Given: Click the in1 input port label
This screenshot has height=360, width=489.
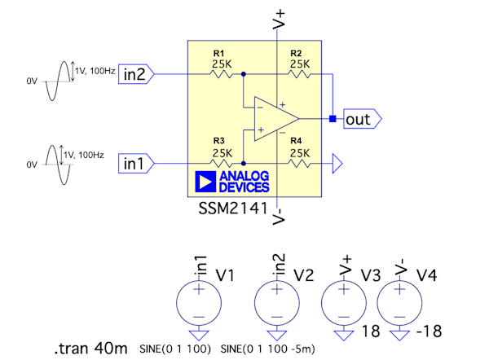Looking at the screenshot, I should (x=133, y=163).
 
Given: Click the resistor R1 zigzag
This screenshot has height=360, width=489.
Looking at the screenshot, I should (x=221, y=74).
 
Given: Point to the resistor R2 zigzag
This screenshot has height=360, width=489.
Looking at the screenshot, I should (x=299, y=74).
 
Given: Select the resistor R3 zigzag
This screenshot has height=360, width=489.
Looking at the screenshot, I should (x=221, y=163).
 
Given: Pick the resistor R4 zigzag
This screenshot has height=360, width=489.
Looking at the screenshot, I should (x=299, y=163).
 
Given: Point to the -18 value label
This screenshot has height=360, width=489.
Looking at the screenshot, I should (x=431, y=331).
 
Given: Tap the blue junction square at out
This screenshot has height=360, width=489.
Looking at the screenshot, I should (x=333, y=119).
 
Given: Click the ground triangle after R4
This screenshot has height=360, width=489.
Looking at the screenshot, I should (x=337, y=164).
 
